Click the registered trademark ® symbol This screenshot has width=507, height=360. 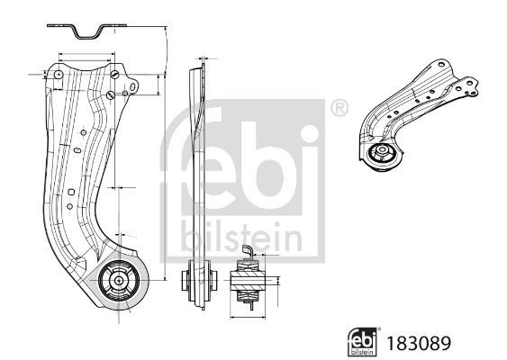(x=339, y=110)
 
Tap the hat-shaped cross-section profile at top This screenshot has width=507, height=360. (x=86, y=32)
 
